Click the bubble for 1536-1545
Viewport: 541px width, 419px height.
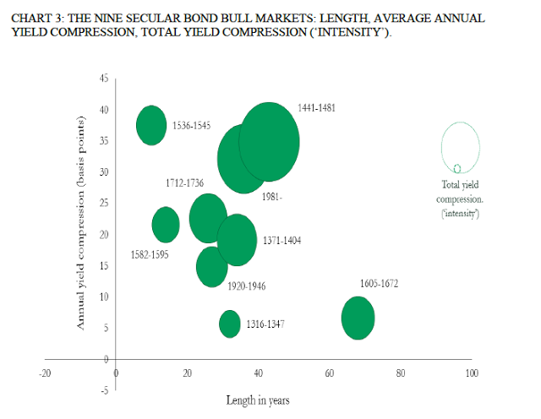pyautogui.click(x=151, y=126)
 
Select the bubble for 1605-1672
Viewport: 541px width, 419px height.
pyautogui.click(x=358, y=318)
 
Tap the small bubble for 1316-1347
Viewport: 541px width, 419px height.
pyautogui.click(x=229, y=324)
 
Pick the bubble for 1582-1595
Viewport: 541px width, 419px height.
pyautogui.click(x=166, y=224)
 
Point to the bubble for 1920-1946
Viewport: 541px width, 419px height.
pyautogui.click(x=212, y=267)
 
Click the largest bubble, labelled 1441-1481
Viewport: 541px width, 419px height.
pyautogui.click(x=270, y=141)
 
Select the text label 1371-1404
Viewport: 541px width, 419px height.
pyautogui.click(x=281, y=241)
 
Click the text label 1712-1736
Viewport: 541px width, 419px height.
pyautogui.click(x=184, y=182)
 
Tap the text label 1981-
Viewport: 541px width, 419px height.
pyautogui.click(x=271, y=197)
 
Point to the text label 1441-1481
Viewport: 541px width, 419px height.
pyautogui.click(x=316, y=109)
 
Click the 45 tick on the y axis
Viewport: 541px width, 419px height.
pyautogui.click(x=103, y=79)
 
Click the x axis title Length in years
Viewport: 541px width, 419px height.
pyautogui.click(x=258, y=400)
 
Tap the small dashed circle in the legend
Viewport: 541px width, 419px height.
pyautogui.click(x=457, y=169)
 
